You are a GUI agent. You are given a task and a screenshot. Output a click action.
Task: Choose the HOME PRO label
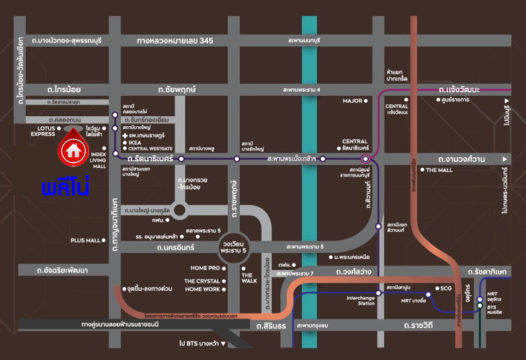point(204,268)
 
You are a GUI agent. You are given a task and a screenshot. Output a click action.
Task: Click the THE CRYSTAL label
point(202,281)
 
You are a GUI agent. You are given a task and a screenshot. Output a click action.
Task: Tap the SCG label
point(446,288)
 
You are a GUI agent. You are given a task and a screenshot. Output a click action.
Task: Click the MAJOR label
point(352,101)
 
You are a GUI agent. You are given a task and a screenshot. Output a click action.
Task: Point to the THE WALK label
point(248,278)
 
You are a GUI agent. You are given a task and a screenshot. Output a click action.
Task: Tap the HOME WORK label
point(203,289)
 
